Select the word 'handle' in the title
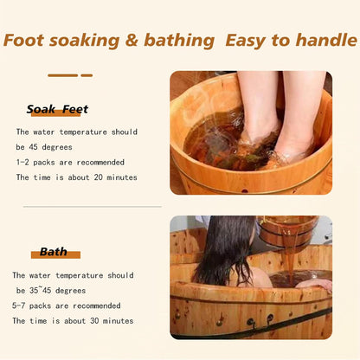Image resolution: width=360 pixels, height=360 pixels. click(323, 40)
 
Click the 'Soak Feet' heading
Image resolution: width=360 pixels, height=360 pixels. click(57, 110)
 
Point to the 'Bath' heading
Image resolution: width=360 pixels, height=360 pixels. click(54, 253)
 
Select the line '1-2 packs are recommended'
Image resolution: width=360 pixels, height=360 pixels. click(70, 163)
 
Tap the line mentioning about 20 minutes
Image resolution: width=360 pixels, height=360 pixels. click(76, 178)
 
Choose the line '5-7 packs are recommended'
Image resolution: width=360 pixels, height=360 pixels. click(67, 305)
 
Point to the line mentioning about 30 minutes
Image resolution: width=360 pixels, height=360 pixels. click(73, 321)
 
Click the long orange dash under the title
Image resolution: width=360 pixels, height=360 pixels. click(62, 75)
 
